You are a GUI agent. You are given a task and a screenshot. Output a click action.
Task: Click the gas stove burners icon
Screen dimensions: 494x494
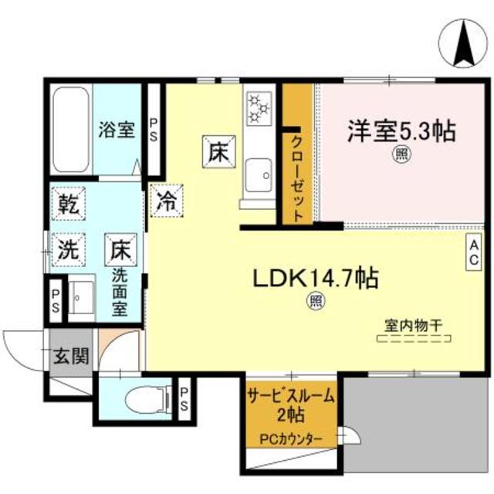259,107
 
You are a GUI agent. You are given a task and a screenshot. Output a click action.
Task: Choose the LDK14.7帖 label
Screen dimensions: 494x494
312,279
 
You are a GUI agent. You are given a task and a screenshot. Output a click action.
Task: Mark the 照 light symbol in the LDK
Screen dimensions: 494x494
316,301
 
